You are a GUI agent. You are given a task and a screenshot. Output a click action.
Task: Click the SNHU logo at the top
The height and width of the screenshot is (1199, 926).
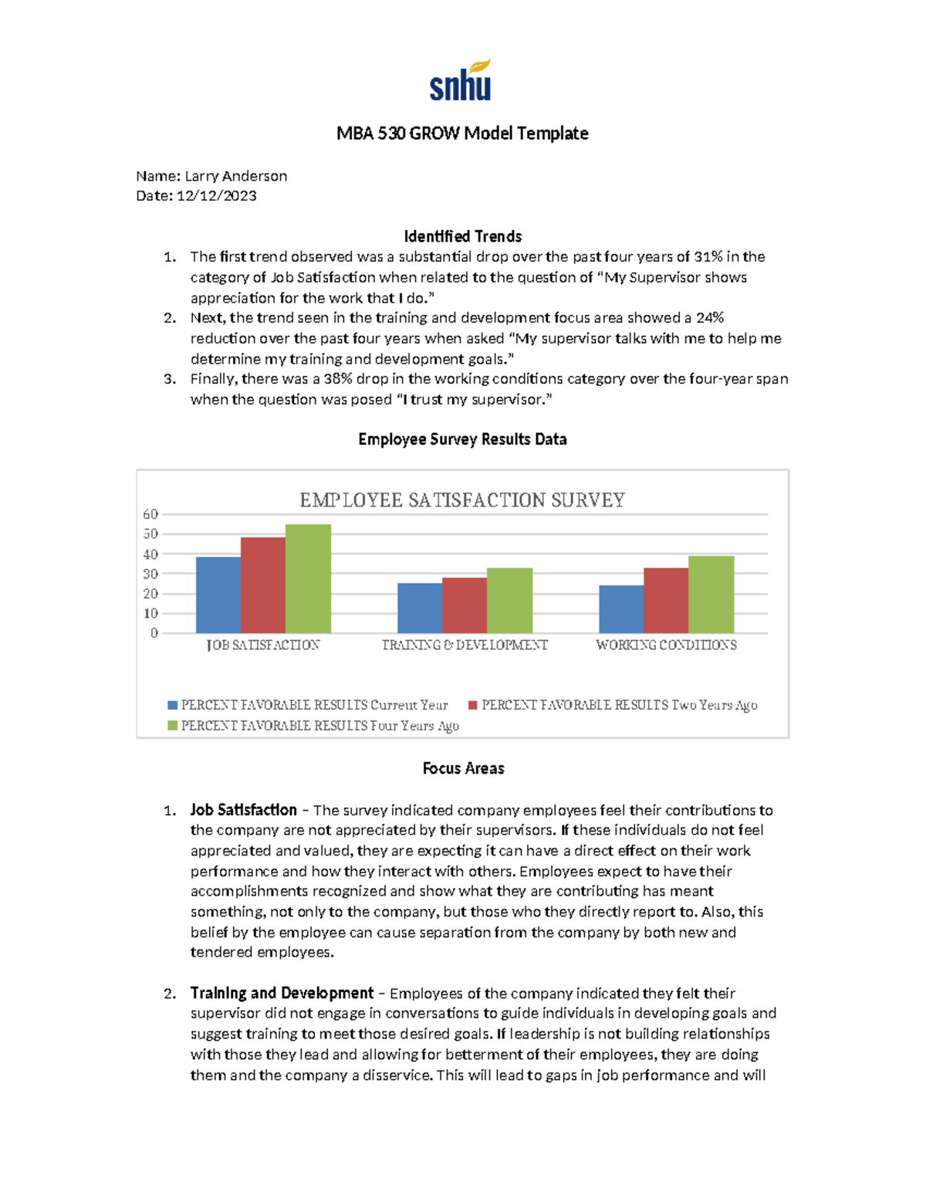pyautogui.click(x=461, y=81)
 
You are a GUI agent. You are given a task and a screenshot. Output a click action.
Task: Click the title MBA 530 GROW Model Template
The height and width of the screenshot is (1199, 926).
pyautogui.click(x=462, y=134)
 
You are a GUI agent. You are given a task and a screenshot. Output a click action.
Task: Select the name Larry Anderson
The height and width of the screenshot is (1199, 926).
pyautogui.click(x=235, y=176)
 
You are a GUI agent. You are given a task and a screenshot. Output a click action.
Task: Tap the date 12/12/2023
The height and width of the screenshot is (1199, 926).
pyautogui.click(x=216, y=196)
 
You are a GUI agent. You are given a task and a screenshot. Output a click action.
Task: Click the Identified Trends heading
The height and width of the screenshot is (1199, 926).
pyautogui.click(x=462, y=236)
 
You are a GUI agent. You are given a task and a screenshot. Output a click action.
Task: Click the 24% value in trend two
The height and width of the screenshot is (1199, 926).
pyautogui.click(x=709, y=318)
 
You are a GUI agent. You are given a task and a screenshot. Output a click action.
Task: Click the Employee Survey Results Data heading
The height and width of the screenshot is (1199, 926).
pyautogui.click(x=462, y=439)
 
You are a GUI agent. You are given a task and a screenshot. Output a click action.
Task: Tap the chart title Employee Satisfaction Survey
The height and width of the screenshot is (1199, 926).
pyautogui.click(x=462, y=500)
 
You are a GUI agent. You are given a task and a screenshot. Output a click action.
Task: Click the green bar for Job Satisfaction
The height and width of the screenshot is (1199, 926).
pyautogui.click(x=308, y=579)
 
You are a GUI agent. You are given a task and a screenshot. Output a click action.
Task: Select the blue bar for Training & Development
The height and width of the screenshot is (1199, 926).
pyautogui.click(x=419, y=608)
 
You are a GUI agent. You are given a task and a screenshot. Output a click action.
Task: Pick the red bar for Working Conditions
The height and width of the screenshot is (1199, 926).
pyautogui.click(x=666, y=601)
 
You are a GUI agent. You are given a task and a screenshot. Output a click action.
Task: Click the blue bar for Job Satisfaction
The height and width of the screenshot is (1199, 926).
pyautogui.click(x=218, y=595)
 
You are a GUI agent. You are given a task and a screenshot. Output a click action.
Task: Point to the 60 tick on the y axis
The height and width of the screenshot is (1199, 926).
pyautogui.click(x=150, y=514)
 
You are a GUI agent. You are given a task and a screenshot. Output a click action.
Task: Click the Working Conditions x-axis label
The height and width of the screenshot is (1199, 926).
pyautogui.click(x=666, y=645)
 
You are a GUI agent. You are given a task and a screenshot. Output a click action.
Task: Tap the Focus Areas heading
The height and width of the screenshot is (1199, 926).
pyautogui.click(x=463, y=768)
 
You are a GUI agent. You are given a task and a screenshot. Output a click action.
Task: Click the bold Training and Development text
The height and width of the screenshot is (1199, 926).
pyautogui.click(x=282, y=993)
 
